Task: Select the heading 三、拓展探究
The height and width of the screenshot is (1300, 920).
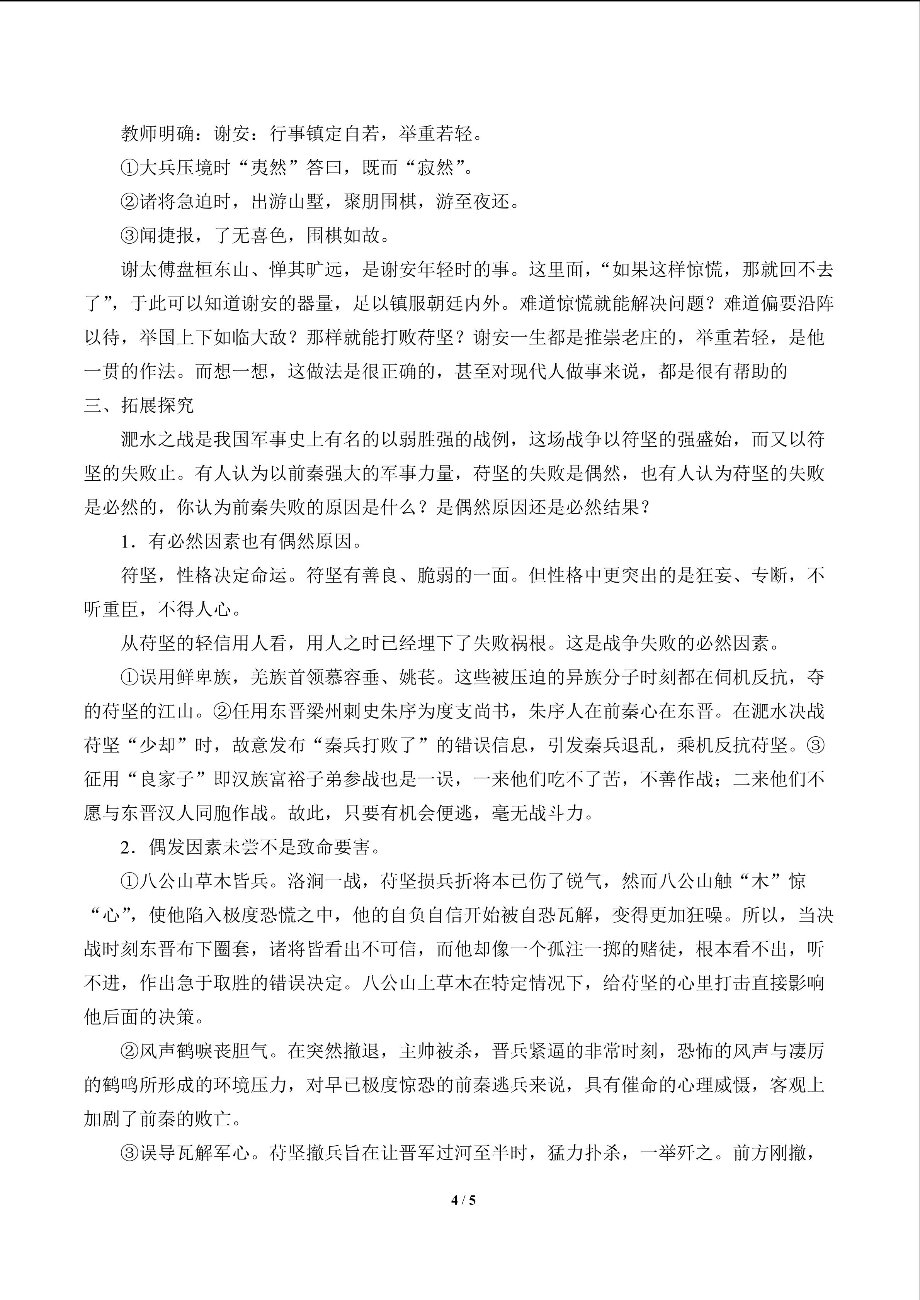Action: (x=139, y=406)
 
